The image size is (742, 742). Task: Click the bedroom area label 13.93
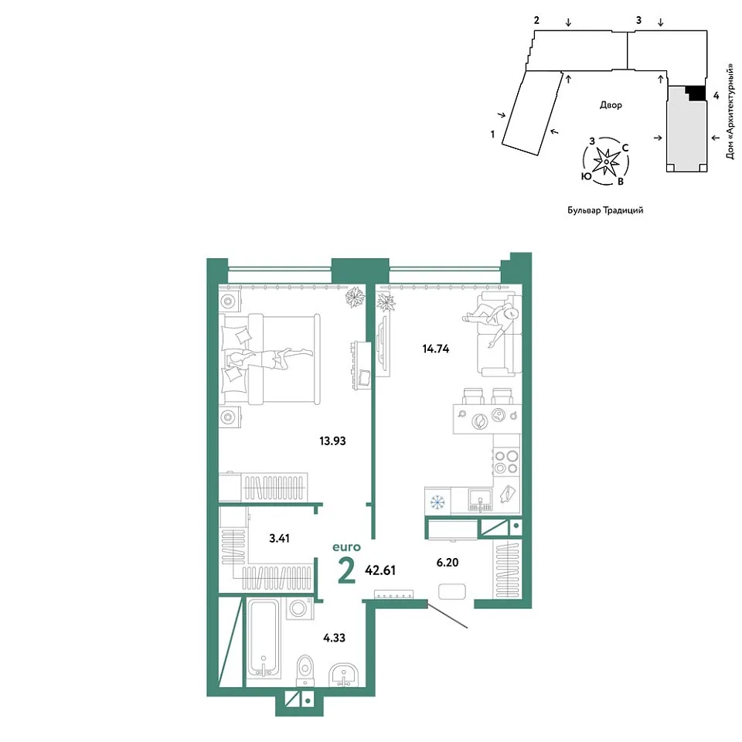pos(332,441)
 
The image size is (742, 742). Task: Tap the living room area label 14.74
pos(435,349)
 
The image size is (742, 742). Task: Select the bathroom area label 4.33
pos(334,638)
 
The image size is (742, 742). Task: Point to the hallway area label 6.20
pos(448,562)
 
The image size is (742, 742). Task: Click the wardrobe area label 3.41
pos(279,539)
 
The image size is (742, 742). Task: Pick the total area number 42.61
pos(380,570)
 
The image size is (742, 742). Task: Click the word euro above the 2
pos(346,547)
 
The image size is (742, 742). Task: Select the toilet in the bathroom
pos(305,671)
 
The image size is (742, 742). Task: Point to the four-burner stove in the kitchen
pos(505,462)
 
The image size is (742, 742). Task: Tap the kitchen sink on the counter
pos(480,501)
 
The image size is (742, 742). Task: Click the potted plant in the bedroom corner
pos(355,298)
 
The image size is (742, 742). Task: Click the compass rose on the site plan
pos(606,162)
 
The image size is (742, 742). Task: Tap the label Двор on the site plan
pos(611,105)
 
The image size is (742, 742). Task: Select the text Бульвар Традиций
pos(605,210)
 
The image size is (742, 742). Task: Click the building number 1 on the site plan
pos(492,134)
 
